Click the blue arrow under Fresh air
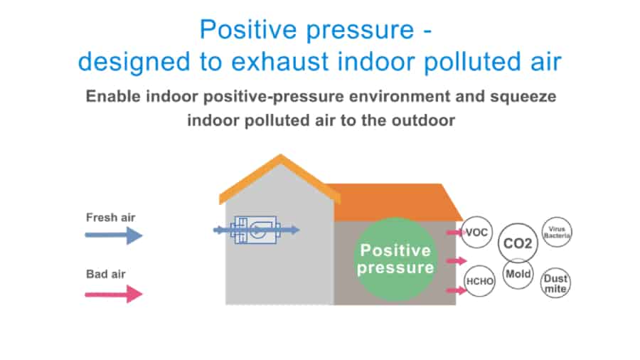114,235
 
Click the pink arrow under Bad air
114,294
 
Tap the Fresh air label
111,218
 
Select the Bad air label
106,274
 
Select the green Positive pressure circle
395,260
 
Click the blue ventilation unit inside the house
256,231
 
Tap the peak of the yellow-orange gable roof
280,155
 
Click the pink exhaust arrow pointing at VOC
457,232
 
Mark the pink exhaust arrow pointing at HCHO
457,290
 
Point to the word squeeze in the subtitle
523,97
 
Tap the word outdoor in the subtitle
423,120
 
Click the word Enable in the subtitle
113,96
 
